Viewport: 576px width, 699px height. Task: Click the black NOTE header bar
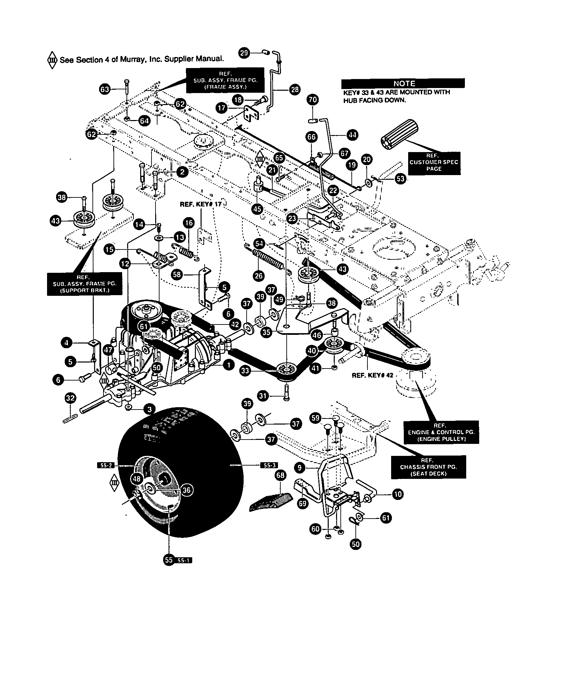(x=403, y=83)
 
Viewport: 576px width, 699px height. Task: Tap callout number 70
(x=313, y=100)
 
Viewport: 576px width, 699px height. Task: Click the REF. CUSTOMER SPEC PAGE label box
(x=434, y=162)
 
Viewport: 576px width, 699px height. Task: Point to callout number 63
(x=104, y=89)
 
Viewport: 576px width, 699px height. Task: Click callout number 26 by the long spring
(x=258, y=275)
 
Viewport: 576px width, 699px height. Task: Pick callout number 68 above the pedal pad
(x=280, y=475)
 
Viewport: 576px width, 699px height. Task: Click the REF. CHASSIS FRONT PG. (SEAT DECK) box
(x=428, y=467)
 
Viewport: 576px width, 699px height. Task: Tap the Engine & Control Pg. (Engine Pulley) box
(x=441, y=432)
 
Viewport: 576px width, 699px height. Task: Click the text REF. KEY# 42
(x=372, y=375)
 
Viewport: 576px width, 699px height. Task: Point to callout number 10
(x=398, y=494)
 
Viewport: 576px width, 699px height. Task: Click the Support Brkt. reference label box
(x=84, y=283)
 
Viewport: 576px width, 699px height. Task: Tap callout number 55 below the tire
(x=169, y=560)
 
